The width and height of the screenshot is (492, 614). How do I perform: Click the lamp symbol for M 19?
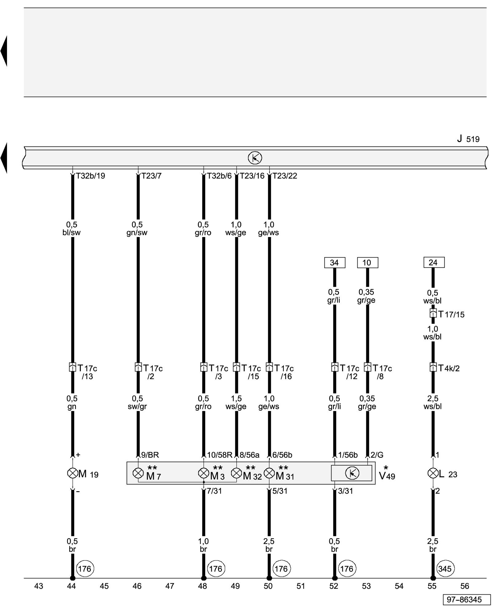tap(72, 473)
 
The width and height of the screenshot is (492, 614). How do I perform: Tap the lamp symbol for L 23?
tap(433, 473)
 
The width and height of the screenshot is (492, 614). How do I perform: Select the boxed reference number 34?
tap(335, 262)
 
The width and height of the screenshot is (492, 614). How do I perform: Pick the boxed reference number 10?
tap(367, 262)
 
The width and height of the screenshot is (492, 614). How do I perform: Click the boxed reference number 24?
tap(434, 262)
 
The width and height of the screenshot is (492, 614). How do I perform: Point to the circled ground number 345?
tap(445, 569)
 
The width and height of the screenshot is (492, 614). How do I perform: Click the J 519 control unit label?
tap(468, 139)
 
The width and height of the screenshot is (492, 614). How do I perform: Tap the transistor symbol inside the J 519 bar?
tap(255, 158)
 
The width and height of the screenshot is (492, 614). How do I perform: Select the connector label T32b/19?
tap(90, 176)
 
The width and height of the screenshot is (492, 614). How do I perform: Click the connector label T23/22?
tap(285, 176)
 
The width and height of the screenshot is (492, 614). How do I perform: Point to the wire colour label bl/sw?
tap(71, 232)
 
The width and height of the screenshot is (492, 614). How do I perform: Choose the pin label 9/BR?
tap(150, 455)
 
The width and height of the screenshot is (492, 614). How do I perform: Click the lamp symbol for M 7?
tap(138, 473)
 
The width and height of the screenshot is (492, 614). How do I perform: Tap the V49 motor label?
tap(387, 476)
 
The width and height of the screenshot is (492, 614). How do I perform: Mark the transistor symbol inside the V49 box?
tap(352, 473)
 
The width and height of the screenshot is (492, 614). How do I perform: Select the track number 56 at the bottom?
tap(465, 586)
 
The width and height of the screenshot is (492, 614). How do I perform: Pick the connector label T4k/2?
tap(449, 368)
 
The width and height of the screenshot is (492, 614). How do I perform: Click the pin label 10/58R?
tap(220, 455)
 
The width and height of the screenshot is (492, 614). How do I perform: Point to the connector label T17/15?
tap(451, 314)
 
